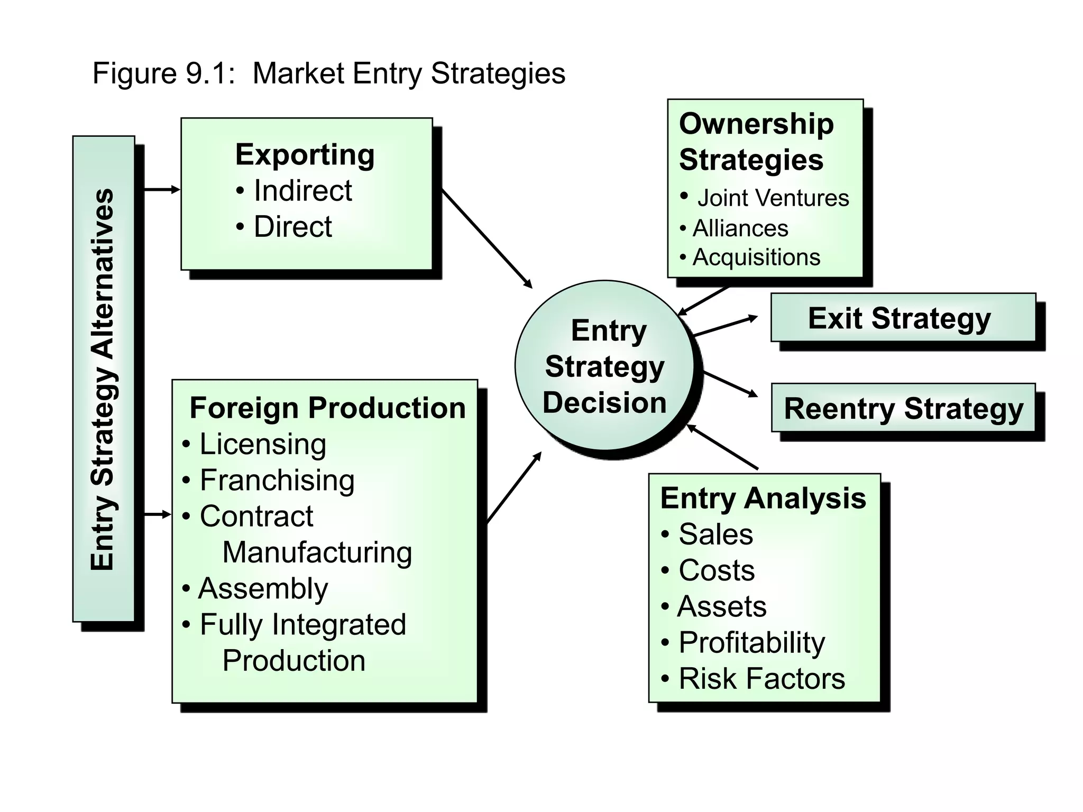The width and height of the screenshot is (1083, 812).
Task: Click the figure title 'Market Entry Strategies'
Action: click(408, 73)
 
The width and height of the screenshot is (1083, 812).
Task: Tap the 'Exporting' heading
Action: click(305, 155)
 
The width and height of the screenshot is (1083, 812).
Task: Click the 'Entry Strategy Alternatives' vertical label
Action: click(103, 379)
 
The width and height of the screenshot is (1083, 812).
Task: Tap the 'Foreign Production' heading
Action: click(327, 408)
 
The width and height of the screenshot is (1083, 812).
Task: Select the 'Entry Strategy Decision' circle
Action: click(604, 366)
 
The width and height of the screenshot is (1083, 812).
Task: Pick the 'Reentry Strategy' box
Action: click(903, 409)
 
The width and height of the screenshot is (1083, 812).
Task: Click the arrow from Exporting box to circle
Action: click(487, 238)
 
